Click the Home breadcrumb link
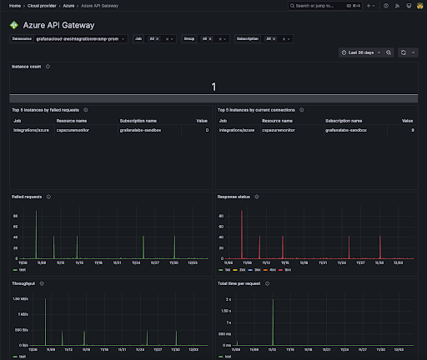click(14, 5)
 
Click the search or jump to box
click(317, 5)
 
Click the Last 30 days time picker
click(361, 52)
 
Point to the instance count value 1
click(213, 87)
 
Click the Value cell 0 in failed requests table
click(207, 130)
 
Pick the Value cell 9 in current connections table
click(412, 130)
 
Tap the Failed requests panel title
click(28, 197)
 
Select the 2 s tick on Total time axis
click(227, 298)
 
